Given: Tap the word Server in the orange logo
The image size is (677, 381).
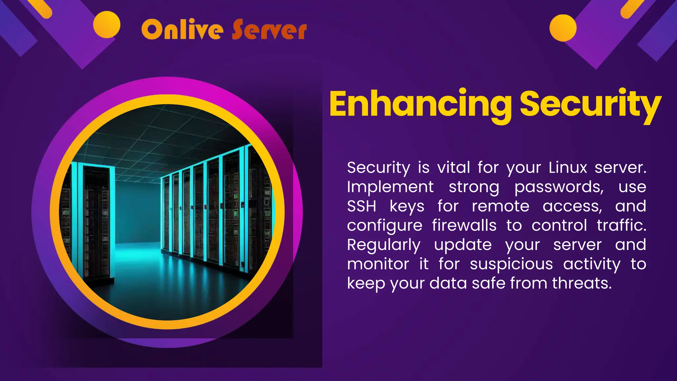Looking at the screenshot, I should point(269,30).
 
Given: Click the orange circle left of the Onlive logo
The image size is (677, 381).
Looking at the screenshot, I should point(106,24).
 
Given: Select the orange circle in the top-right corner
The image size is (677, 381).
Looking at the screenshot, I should point(563,28).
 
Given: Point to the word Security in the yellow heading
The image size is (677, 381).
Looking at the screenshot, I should point(590,105).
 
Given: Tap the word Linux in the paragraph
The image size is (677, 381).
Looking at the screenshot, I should point(568,167).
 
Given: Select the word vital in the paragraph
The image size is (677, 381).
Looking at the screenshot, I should point(454,167).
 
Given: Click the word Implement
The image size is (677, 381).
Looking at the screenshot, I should point(390,187).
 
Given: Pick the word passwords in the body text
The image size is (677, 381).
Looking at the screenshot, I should point(559,187).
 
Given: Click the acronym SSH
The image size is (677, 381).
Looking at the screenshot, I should point(362,206).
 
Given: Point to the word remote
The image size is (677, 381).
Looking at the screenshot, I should point(500,206).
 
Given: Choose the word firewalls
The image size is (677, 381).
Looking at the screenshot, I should point(464,226).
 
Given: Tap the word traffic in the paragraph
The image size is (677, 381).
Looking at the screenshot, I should point(621,226).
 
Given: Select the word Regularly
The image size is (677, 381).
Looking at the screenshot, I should point(384,245).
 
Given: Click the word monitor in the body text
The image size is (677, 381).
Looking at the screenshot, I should point(378,264).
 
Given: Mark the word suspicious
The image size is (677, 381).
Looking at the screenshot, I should point(511,264).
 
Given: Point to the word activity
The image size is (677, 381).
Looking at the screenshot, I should point(592,264).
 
